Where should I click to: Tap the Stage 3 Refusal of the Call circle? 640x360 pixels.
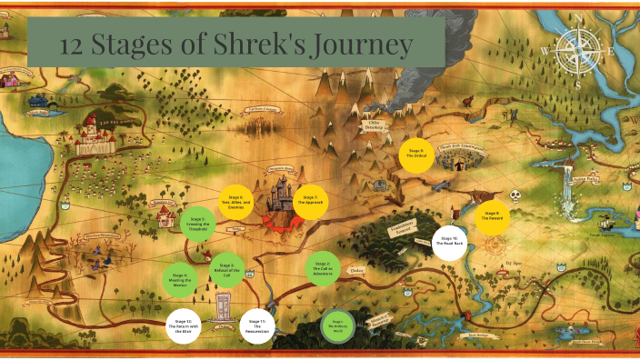tap(225, 268)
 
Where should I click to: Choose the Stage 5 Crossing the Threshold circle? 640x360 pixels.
tap(197, 223)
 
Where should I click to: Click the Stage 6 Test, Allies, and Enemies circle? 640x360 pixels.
tap(235, 202)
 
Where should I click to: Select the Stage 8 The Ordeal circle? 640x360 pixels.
tap(416, 155)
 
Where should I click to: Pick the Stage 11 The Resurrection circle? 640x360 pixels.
tap(256, 326)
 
